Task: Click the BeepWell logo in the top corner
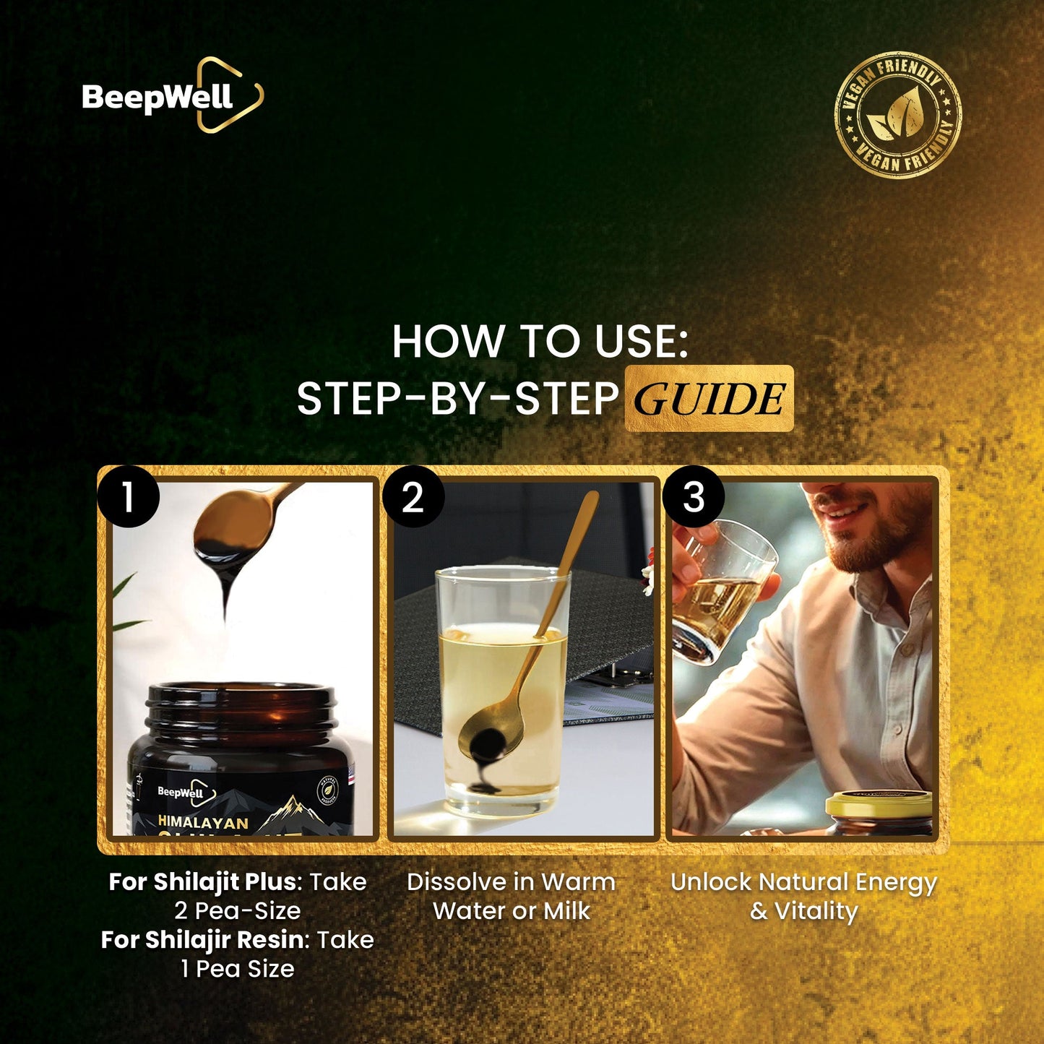(x=172, y=96)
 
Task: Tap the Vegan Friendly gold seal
(x=898, y=114)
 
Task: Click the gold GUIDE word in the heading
(x=709, y=399)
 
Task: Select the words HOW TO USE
(x=540, y=341)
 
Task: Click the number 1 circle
(x=129, y=497)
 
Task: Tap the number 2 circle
(x=413, y=497)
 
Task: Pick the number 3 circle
(x=693, y=497)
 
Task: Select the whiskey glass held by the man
(x=722, y=592)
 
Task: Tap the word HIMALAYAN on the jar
(x=203, y=822)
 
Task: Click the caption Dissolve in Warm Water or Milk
(x=512, y=897)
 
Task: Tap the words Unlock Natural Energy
(x=803, y=882)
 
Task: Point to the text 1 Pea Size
(x=238, y=969)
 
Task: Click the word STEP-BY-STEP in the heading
(x=457, y=399)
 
